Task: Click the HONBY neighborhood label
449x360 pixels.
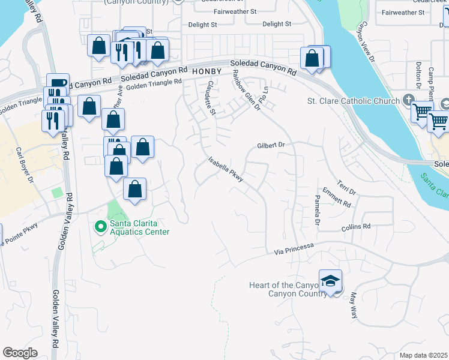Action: pyautogui.click(x=208, y=71)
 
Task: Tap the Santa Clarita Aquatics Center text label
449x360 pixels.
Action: pyautogui.click(x=139, y=228)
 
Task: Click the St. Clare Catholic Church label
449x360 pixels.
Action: pyautogui.click(x=353, y=101)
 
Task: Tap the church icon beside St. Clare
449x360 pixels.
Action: pyautogui.click(x=409, y=99)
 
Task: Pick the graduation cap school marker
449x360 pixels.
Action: pyautogui.click(x=330, y=281)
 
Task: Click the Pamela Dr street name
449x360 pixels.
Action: pyautogui.click(x=316, y=211)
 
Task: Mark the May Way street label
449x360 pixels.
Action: pyautogui.click(x=354, y=305)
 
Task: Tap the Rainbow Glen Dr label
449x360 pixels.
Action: pyautogui.click(x=246, y=90)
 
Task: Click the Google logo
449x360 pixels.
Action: pyautogui.click(x=20, y=353)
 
